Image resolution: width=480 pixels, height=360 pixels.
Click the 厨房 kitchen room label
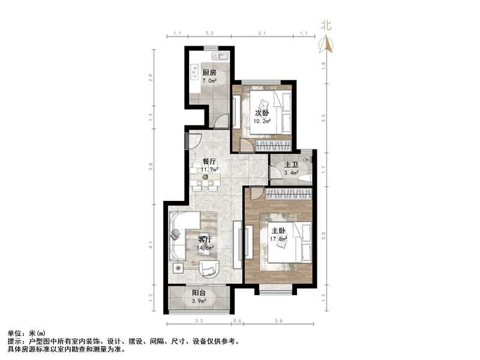(x=208, y=73)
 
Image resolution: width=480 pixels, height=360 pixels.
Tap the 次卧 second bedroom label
(x=262, y=113)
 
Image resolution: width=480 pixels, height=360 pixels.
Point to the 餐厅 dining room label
(x=209, y=161)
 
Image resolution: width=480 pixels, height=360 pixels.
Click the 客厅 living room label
(x=206, y=239)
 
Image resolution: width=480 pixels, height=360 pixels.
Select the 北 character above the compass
(x=326, y=25)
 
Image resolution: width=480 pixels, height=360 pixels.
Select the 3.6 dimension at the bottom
(x=278, y=322)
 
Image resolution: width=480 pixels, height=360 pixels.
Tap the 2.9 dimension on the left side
(x=152, y=76)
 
